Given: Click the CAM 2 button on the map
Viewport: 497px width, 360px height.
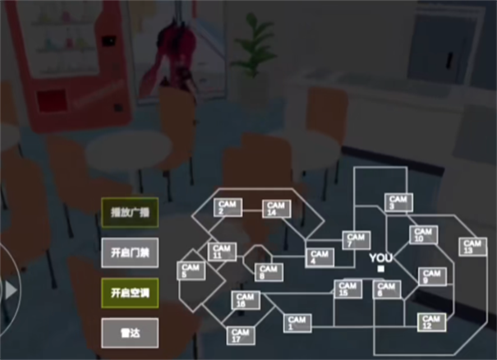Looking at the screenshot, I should [x=228, y=208].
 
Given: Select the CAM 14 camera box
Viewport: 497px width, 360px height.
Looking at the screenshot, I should [x=275, y=209].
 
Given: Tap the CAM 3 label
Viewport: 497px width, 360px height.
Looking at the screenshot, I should [x=398, y=202].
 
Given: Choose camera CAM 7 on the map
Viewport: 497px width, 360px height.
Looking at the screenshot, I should [x=355, y=241].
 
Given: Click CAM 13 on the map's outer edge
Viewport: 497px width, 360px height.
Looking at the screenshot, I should [x=472, y=247].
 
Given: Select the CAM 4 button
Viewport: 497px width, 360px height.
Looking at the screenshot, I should [x=319, y=257].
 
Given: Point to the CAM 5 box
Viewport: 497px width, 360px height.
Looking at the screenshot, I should [x=191, y=271].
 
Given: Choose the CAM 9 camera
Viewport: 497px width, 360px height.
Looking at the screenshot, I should [x=430, y=277].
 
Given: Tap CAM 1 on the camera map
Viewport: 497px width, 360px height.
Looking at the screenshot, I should [x=297, y=323].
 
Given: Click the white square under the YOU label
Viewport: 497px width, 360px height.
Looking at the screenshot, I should [x=381, y=269].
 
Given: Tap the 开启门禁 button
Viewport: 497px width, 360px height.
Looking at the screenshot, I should [x=129, y=252].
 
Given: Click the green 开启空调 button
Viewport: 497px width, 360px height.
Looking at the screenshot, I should [x=129, y=292].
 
